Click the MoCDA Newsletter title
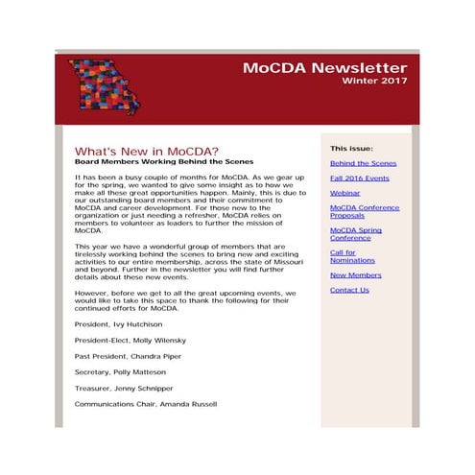click(324, 68)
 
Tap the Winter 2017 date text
click(374, 82)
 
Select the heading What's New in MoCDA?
click(146, 152)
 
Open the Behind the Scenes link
click(363, 164)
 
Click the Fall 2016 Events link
click(359, 178)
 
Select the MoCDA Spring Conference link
click(355, 235)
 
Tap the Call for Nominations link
click(352, 256)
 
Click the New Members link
click(355, 275)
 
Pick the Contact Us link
click(349, 290)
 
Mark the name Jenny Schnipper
click(146, 389)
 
